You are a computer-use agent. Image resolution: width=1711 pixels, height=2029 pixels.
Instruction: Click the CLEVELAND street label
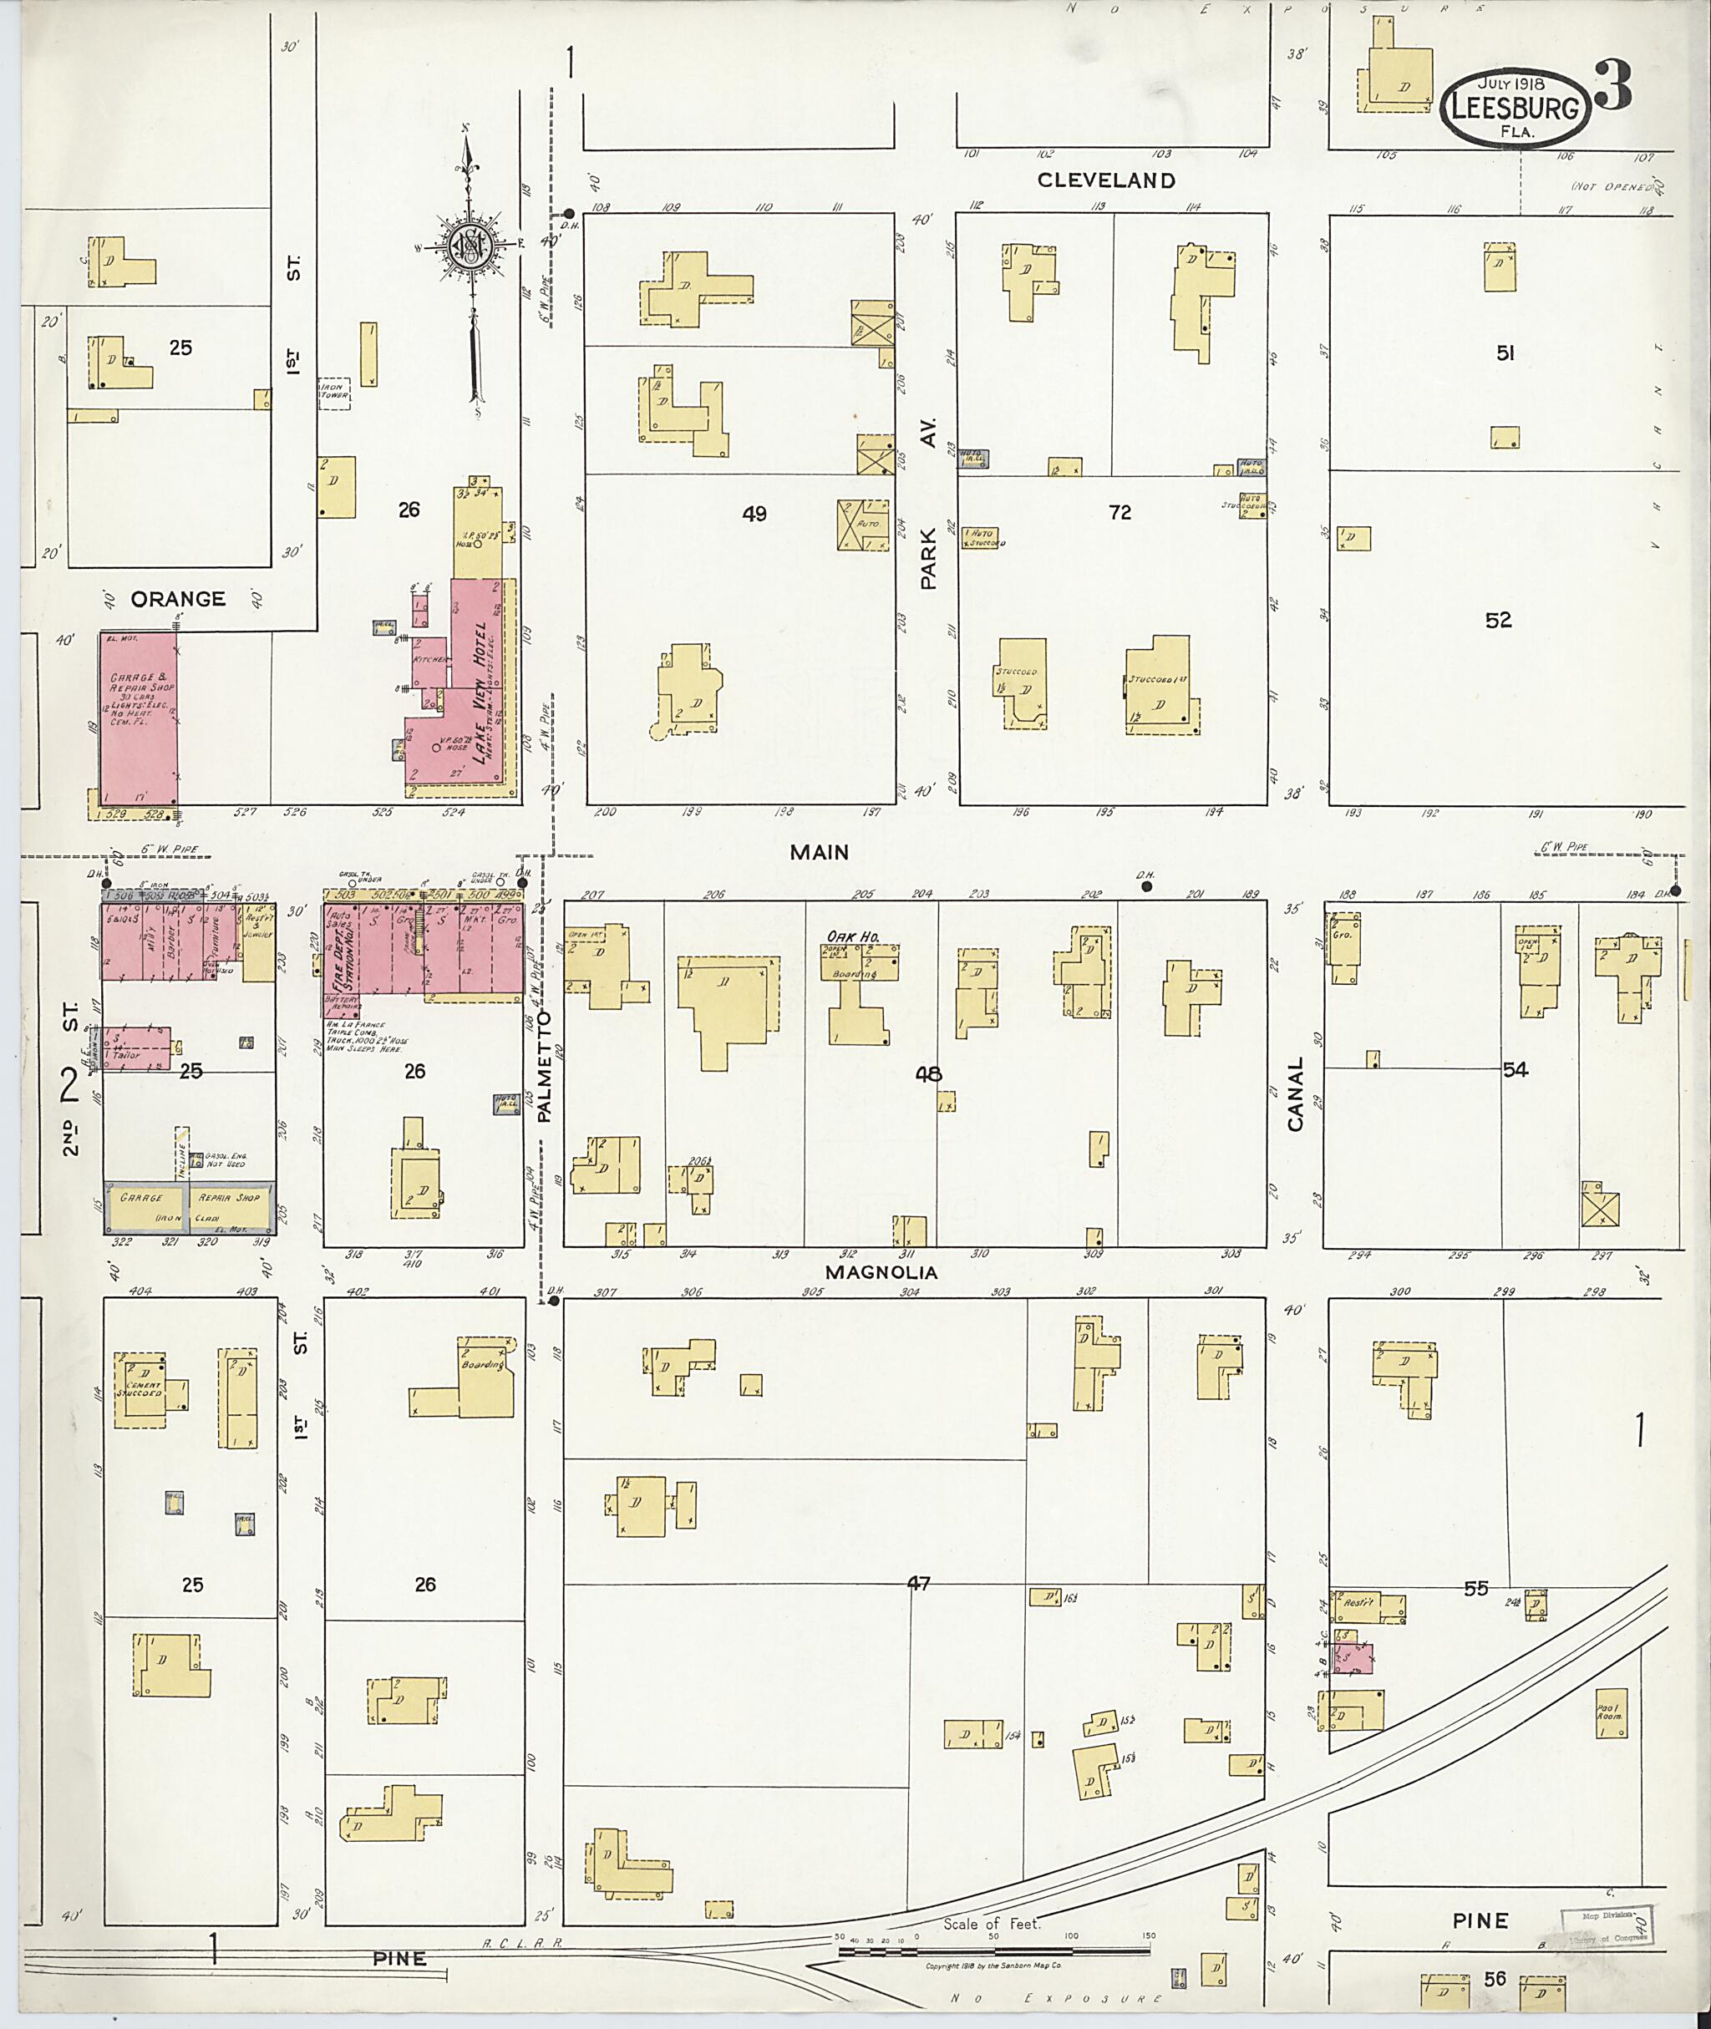point(1106,180)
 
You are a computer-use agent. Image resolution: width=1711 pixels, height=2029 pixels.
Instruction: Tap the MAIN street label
point(819,853)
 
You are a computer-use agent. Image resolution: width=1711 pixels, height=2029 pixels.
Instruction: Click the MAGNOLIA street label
point(881,1271)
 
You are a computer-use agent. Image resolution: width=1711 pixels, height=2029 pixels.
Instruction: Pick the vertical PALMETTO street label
point(544,1066)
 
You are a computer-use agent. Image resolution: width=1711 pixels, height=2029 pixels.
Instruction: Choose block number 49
point(754,514)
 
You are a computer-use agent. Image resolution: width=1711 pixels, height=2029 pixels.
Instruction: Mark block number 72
point(1120,512)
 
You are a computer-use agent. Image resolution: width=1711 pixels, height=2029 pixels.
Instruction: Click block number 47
point(917,1583)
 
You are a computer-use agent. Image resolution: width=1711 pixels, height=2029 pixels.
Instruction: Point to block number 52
point(1498,620)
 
